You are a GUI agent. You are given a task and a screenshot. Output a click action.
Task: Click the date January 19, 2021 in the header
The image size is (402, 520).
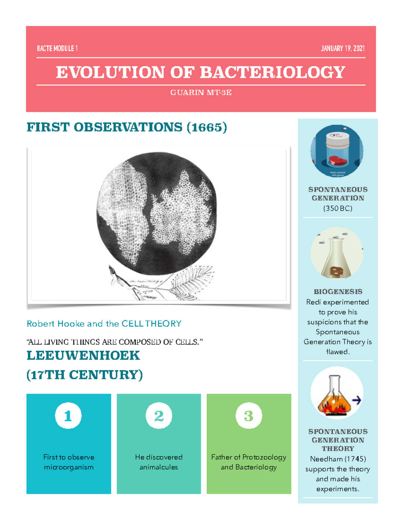point(342,49)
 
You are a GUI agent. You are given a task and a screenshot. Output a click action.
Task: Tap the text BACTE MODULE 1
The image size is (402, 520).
point(57,49)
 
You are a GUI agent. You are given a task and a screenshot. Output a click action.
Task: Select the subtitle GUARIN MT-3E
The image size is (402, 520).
point(201,93)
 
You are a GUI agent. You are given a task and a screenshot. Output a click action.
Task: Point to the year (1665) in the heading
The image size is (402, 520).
point(207,127)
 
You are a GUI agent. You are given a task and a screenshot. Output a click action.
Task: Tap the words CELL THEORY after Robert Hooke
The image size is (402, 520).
point(151,324)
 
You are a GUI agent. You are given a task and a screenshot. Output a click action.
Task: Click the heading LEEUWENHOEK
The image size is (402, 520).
point(83,356)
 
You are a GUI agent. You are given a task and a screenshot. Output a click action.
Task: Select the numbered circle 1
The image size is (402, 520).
point(68,416)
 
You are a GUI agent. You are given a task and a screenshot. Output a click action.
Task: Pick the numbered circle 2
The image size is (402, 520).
point(159,416)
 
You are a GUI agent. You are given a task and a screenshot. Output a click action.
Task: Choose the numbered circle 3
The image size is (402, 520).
point(249,416)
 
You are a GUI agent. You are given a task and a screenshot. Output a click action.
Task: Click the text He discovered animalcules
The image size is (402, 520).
point(159,462)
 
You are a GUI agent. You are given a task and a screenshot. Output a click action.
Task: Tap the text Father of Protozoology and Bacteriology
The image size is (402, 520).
point(249,462)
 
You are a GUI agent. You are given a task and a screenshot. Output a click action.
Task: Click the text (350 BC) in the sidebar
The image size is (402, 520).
point(338,208)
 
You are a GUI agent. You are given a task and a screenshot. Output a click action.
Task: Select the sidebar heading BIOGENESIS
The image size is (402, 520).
point(338,292)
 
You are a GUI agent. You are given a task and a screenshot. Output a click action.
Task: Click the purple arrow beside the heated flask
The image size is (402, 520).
point(357,400)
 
